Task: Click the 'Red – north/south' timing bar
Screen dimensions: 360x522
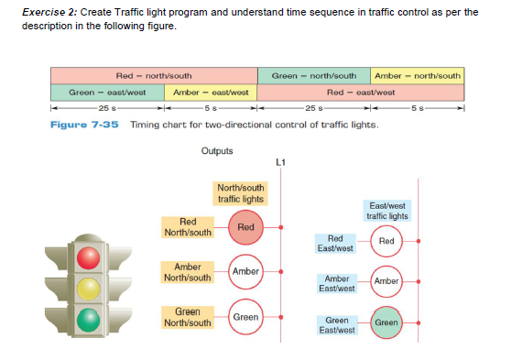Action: [x=153, y=75]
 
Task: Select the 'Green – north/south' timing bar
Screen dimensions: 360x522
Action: [x=314, y=75]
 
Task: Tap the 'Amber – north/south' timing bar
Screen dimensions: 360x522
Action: [x=418, y=75]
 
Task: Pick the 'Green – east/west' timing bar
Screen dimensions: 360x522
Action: [x=108, y=93]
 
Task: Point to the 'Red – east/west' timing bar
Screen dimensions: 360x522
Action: [x=361, y=93]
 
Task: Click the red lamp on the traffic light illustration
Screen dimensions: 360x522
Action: [x=87, y=258]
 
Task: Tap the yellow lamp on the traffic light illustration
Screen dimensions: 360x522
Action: [x=87, y=289]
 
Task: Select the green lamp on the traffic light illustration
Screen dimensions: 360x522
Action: [x=87, y=320]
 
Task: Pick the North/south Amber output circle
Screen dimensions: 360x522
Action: [x=245, y=272]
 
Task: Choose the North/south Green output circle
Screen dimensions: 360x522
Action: [x=245, y=317]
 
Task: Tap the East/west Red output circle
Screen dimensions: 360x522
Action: [x=386, y=241]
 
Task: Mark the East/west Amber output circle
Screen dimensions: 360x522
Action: [x=386, y=281]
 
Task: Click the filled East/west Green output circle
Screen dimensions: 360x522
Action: [x=386, y=322]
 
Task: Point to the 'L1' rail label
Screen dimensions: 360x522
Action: [x=280, y=163]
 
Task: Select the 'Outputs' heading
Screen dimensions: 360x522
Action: [x=216, y=150]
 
